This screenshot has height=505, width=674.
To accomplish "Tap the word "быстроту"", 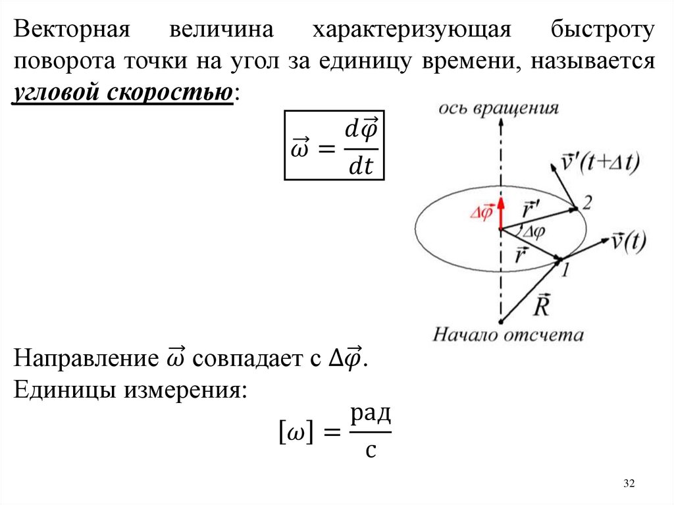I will click(x=602, y=30).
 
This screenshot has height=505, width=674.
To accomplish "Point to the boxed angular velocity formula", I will click(x=333, y=145).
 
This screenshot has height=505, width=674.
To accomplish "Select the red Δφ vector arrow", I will click(x=500, y=212).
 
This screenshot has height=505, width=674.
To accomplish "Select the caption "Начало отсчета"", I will click(x=507, y=335).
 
